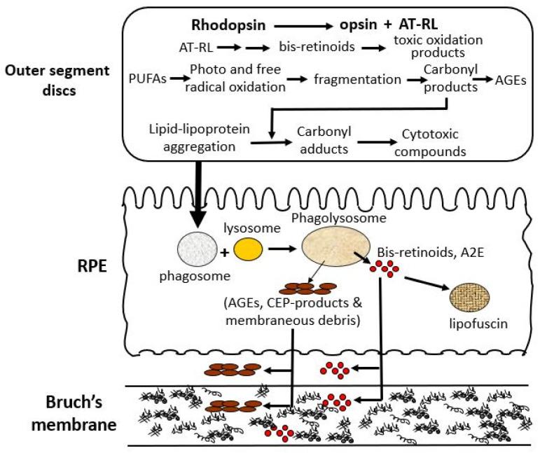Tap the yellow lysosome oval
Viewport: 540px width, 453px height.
250,249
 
